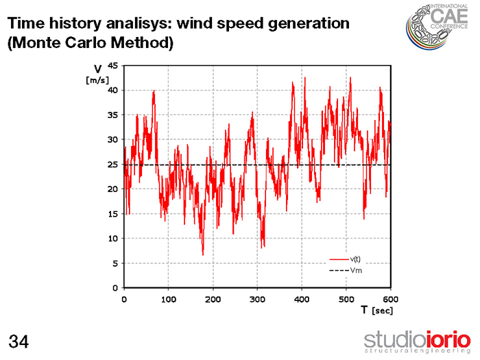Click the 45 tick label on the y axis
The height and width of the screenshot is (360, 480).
pos(114,66)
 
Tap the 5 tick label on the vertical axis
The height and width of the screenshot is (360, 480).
pos(117,263)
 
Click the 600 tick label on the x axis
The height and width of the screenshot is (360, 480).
pos(390,299)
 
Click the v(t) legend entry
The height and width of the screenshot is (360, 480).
pos(355,259)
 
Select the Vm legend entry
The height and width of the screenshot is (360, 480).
pos(356,271)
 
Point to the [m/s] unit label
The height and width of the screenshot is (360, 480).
pos(97,80)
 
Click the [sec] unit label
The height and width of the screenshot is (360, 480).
pos(382,311)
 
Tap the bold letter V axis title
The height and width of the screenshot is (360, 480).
pos(97,69)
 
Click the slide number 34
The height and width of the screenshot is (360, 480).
pos(19,340)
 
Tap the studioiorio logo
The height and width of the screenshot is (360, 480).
pos(417,340)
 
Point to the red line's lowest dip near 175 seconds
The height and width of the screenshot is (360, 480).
pos(202,254)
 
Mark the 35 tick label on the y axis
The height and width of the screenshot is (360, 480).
pos(114,115)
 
